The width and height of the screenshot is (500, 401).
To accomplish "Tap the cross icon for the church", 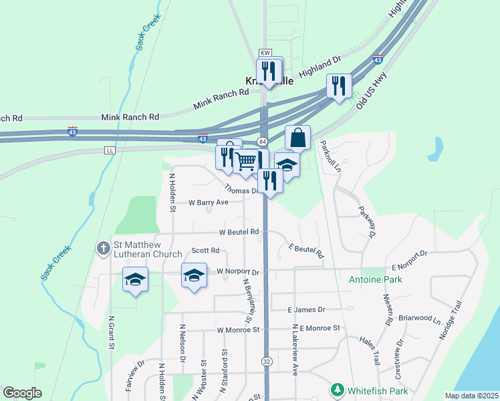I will click(x=103, y=249).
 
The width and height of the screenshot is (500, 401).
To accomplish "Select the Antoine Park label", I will click(x=376, y=279).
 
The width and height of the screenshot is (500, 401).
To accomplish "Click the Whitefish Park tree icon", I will click(x=338, y=390).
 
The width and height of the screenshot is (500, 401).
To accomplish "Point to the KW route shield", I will click(x=266, y=51).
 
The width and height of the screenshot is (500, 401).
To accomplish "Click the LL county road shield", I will click(x=110, y=150).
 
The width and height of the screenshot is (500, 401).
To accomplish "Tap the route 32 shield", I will click(x=267, y=360).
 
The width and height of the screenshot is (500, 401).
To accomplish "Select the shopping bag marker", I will click(x=298, y=138).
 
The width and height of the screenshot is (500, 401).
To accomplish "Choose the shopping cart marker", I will click(x=246, y=161).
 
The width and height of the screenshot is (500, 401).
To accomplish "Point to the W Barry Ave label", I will click(x=209, y=202).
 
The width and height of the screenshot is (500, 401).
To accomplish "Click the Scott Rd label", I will click(x=205, y=251).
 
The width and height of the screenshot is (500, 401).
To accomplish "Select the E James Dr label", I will click(x=305, y=310).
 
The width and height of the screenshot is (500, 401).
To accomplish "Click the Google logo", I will click(x=22, y=393).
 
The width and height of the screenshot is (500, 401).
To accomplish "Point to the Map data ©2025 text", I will click(x=471, y=396).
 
